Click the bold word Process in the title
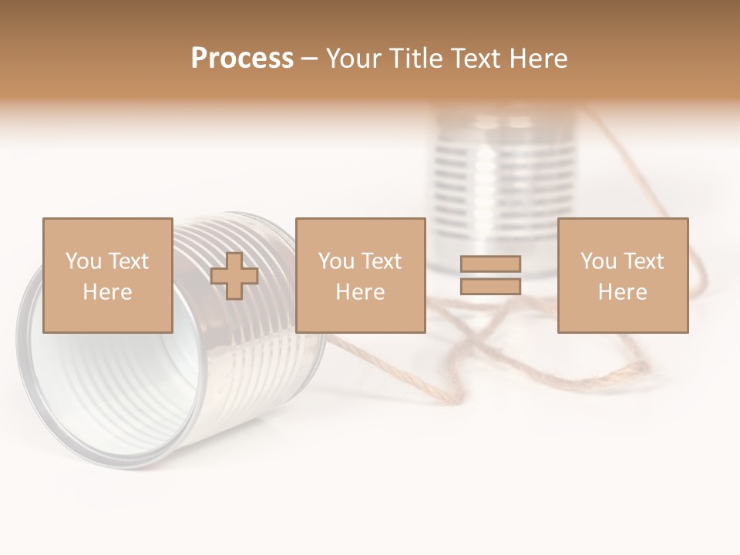coord(242,59)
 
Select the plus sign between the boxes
coord(234,276)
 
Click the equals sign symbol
coord(490,275)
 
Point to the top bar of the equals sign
coord(490,264)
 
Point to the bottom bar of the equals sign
coord(490,287)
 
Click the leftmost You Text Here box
coord(107,275)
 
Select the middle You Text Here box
coord(360,275)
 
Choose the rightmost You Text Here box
coord(622,275)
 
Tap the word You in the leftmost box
coord(82,261)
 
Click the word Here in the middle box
coord(360,292)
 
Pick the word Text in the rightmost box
coord(643,261)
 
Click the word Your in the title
coord(355,59)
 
